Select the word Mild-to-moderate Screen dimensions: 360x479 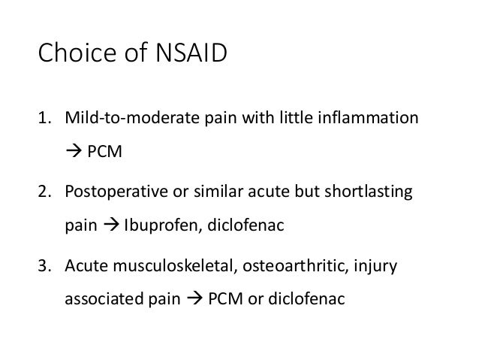[125, 119]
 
